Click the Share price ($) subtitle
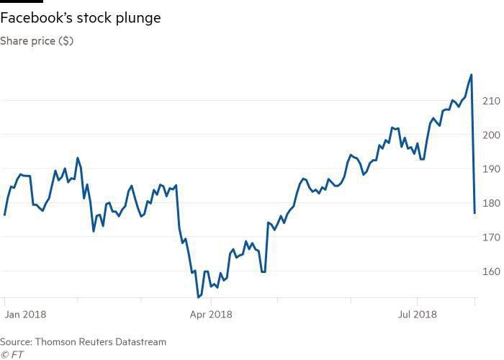(36, 41)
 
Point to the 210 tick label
(491, 100)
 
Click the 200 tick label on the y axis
(491, 135)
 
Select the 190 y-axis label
(491, 169)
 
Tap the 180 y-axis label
(491, 203)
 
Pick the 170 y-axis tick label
(491, 238)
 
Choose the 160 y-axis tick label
(491, 272)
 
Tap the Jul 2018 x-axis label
(418, 315)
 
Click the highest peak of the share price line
(471, 74)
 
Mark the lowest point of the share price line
(198, 297)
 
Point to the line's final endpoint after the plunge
(474, 212)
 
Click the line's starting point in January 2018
(4, 215)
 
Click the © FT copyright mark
(12, 354)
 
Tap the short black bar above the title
(22, 1)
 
